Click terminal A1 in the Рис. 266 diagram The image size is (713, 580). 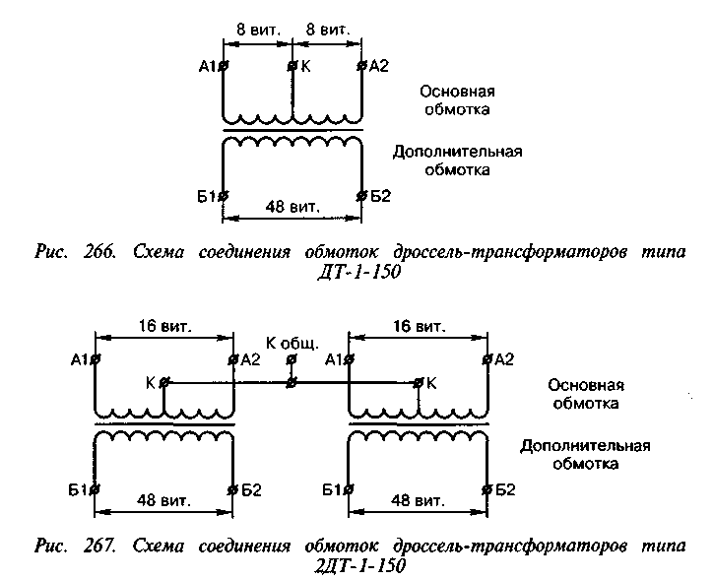[x=224, y=67]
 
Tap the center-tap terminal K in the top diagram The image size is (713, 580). [x=292, y=67]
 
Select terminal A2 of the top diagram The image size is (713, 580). [x=361, y=67]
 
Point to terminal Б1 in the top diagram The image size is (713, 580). [x=224, y=194]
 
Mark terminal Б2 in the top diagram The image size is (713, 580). [x=361, y=194]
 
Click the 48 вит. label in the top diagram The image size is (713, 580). [x=292, y=206]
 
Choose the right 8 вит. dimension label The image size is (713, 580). [x=326, y=32]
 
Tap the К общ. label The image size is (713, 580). [x=292, y=344]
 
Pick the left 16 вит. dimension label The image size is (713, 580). [x=163, y=325]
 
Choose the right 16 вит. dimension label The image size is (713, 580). [x=418, y=325]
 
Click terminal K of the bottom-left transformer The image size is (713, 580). [x=163, y=381]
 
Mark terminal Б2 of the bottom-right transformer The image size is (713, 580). [x=486, y=488]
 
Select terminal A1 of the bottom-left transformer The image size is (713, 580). [x=96, y=360]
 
